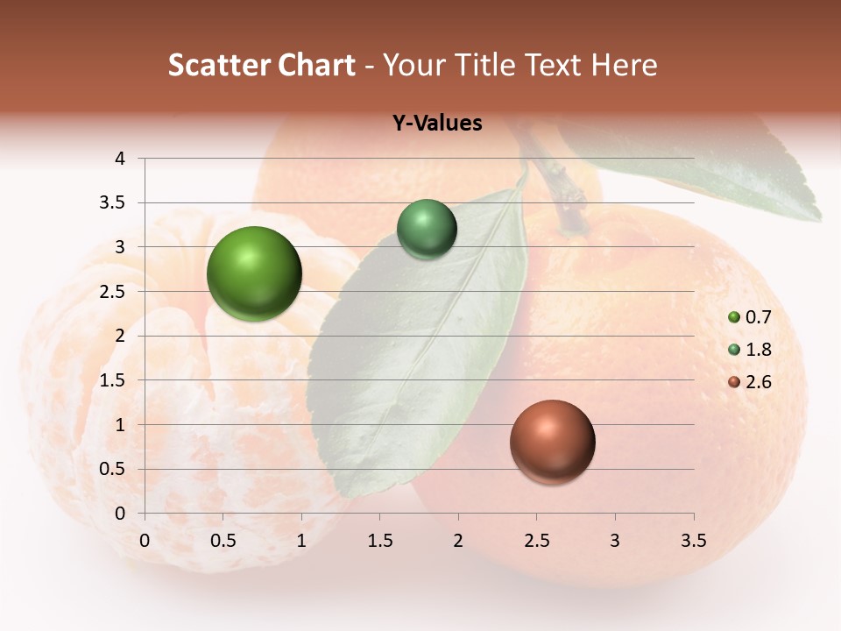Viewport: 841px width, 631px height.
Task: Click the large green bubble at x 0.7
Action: coord(255,273)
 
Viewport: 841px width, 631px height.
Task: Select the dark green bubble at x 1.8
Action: coord(427,229)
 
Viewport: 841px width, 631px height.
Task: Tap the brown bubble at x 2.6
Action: coord(553,442)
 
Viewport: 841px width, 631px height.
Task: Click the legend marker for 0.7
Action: coord(734,317)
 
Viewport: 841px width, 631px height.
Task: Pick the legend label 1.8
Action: coord(759,350)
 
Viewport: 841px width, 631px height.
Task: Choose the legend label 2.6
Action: coord(759,382)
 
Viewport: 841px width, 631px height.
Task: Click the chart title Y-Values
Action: coord(437,124)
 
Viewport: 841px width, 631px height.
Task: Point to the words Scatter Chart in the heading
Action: coord(262,65)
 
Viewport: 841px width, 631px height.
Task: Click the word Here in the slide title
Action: coord(624,65)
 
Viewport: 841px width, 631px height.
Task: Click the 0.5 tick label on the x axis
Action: coord(223,541)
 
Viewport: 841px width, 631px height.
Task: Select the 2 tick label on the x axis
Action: coord(458,541)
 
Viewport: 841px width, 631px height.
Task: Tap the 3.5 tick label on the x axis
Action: coord(693,541)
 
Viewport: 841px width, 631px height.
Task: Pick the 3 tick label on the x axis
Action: coord(615,541)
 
